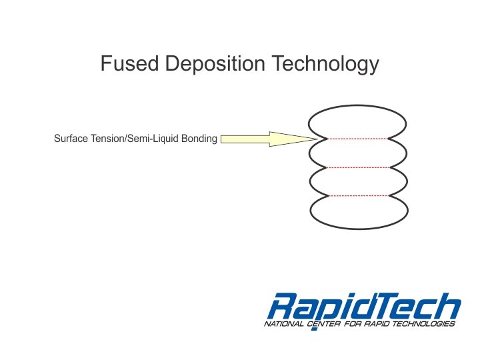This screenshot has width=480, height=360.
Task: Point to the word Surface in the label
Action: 69,139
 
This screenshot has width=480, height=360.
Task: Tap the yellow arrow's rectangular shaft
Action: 245,139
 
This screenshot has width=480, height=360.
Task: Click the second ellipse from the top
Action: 358,153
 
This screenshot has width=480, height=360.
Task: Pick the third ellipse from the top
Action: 358,181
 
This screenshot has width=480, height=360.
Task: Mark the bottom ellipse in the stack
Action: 358,211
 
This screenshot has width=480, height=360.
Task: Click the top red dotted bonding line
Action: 358,139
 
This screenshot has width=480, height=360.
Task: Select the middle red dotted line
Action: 358,167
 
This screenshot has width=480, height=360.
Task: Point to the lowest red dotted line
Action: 358,196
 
